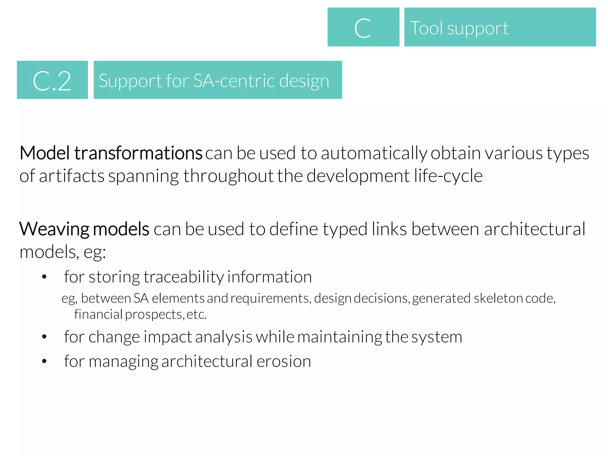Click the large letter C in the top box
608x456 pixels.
point(362,28)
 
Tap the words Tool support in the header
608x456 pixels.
point(459,28)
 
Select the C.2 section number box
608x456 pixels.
point(52,80)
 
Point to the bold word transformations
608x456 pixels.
point(138,153)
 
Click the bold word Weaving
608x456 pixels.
point(54,229)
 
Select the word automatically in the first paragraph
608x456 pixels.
point(373,154)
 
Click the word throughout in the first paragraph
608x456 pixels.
point(228,176)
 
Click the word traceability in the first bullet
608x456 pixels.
point(184,277)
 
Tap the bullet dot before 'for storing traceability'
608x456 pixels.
point(44,277)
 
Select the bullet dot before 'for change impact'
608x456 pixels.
point(44,337)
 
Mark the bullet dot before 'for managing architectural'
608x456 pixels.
point(44,361)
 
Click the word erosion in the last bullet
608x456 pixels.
point(284,361)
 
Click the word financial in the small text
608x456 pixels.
point(98,314)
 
